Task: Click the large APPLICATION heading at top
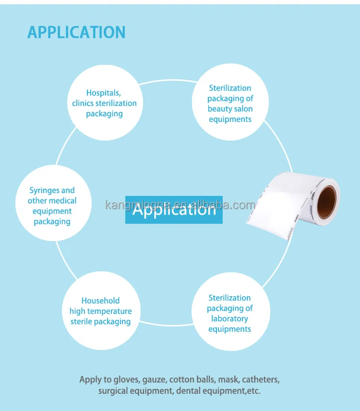(76, 32)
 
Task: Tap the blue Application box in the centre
(174, 209)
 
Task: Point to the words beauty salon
(230, 109)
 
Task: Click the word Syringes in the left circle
(41, 191)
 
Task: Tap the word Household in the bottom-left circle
(100, 301)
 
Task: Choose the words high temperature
(100, 311)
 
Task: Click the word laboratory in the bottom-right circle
(229, 319)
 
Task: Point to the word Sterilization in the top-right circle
(230, 88)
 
